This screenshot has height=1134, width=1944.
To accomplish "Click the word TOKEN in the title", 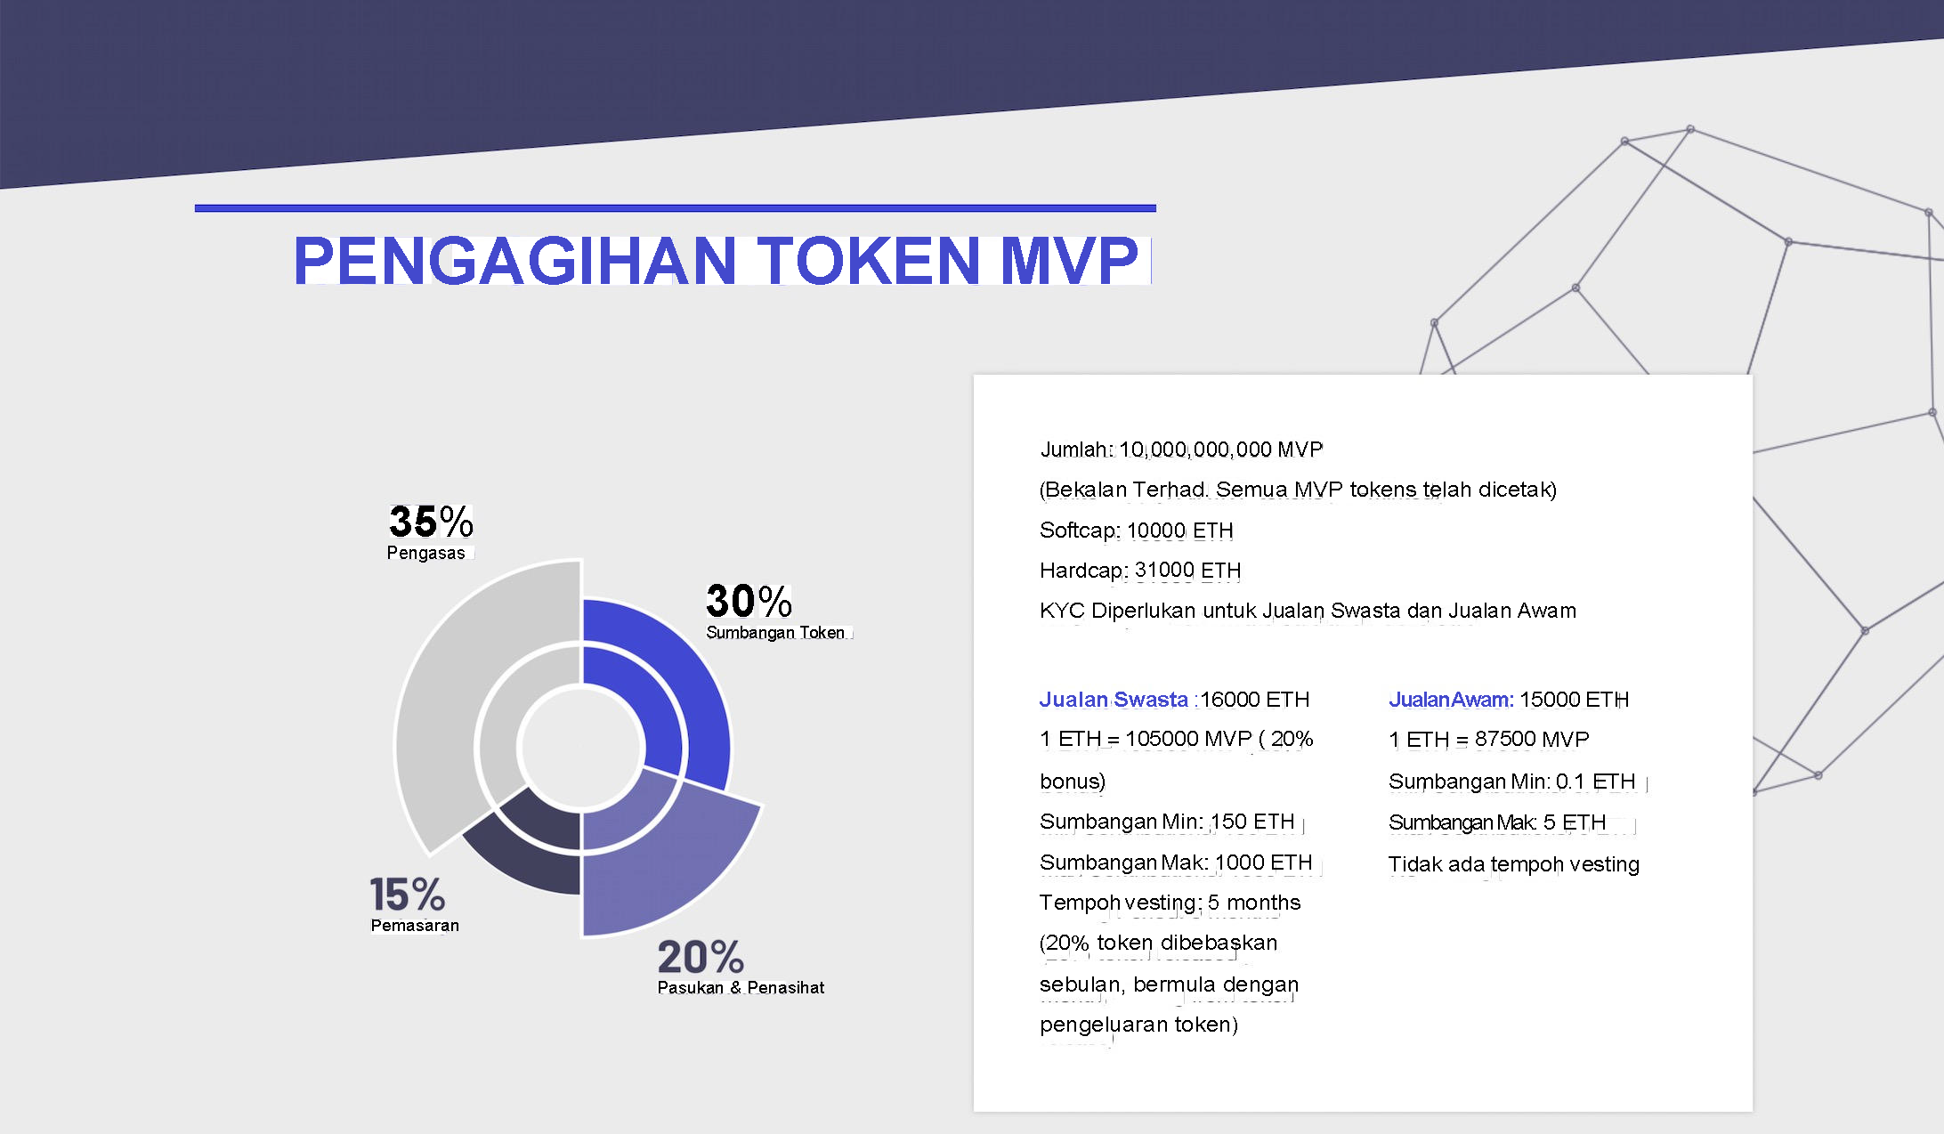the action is [x=868, y=260].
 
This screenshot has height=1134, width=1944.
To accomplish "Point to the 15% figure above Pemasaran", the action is [x=407, y=894].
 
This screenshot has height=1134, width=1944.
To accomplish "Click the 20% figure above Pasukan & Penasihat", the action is [x=701, y=957].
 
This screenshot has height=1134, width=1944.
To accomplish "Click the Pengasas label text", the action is [x=425, y=553].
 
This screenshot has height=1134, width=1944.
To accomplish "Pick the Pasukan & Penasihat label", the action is [x=741, y=987].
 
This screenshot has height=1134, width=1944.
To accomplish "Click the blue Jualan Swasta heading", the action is [x=1114, y=700].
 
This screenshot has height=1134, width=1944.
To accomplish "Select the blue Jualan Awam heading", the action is [x=1451, y=700].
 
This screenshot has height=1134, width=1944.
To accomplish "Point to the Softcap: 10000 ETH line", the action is [x=1137, y=531].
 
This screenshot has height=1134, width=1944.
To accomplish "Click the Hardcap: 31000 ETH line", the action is [x=1140, y=571].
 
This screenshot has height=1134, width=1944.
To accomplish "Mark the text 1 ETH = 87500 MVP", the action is [x=1489, y=740].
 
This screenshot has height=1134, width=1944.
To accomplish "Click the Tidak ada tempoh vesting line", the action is [x=1514, y=864].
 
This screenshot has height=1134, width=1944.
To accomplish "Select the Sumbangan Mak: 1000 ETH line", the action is [x=1176, y=863].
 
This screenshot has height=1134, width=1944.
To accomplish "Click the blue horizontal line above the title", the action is [x=676, y=208].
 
